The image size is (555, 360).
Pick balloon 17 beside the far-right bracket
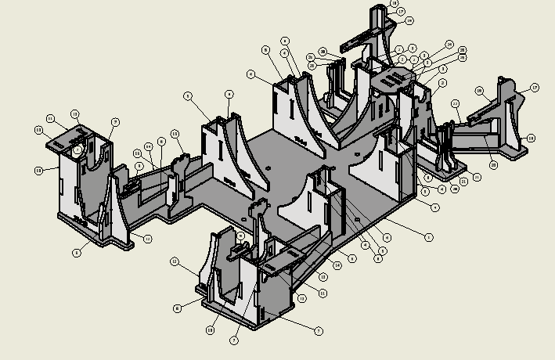(x=535, y=88)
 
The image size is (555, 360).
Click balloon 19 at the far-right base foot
(x=531, y=139)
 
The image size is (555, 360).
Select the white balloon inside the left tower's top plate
(x=77, y=149)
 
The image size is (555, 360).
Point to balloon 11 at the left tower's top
(x=49, y=119)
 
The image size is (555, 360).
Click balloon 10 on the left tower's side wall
(x=38, y=170)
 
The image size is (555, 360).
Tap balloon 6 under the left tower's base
(x=76, y=253)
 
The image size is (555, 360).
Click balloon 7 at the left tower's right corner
(x=115, y=122)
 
